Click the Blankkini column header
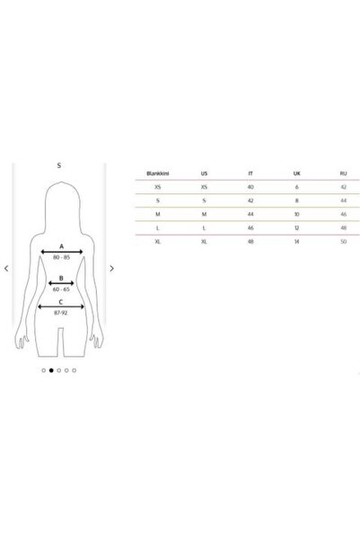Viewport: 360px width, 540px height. [x=158, y=173]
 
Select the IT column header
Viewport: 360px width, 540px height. [x=250, y=173]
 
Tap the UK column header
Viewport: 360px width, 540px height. [x=296, y=173]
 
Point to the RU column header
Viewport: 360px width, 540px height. [x=343, y=173]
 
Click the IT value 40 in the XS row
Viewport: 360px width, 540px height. [x=250, y=187]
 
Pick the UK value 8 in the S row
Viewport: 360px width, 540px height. [x=296, y=200]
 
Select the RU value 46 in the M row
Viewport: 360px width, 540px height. [x=343, y=214]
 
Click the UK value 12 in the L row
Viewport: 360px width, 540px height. [x=296, y=228]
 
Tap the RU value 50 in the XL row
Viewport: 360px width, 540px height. [x=343, y=242]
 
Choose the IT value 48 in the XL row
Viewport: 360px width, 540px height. [x=250, y=242]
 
